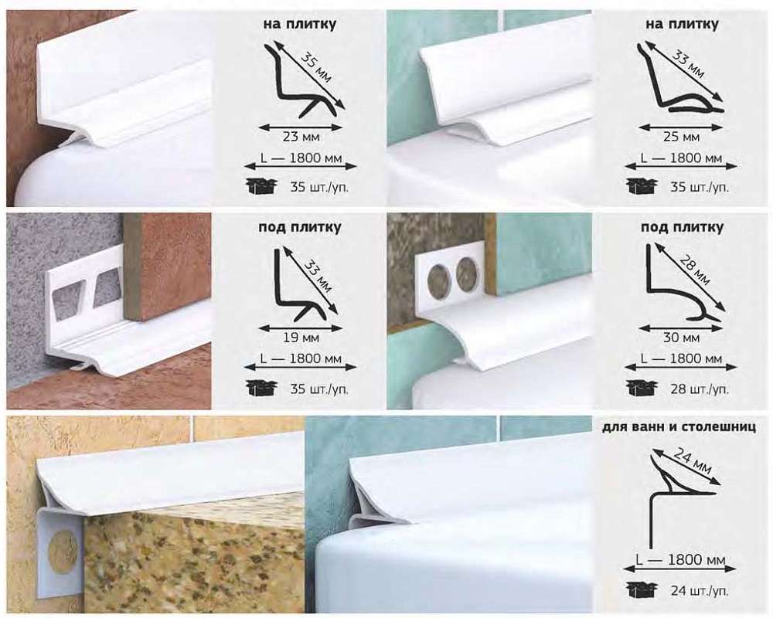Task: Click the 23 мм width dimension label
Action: pyautogui.click(x=301, y=137)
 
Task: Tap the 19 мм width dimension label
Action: pyautogui.click(x=301, y=338)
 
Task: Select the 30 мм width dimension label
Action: pyautogui.click(x=681, y=338)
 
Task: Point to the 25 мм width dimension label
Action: pyautogui.click(x=681, y=137)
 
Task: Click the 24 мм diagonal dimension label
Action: pyautogui.click(x=692, y=460)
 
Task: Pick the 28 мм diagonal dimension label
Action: pyautogui.click(x=695, y=270)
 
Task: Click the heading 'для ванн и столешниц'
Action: pyautogui.click(x=679, y=426)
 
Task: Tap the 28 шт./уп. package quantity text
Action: pyautogui.click(x=699, y=389)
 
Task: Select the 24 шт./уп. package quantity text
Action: pyautogui.click(x=699, y=590)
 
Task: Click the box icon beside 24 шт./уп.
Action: pyautogui.click(x=642, y=589)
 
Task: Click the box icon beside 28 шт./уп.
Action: pyautogui.click(x=642, y=388)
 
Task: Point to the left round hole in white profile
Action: pyautogui.click(x=438, y=278)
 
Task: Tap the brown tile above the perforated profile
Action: pyautogui.click(x=168, y=266)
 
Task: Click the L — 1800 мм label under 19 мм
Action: pyautogui.click(x=301, y=358)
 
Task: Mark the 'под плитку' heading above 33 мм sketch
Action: pyautogui.click(x=300, y=227)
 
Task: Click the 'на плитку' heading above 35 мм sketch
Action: pyautogui.click(x=300, y=24)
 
